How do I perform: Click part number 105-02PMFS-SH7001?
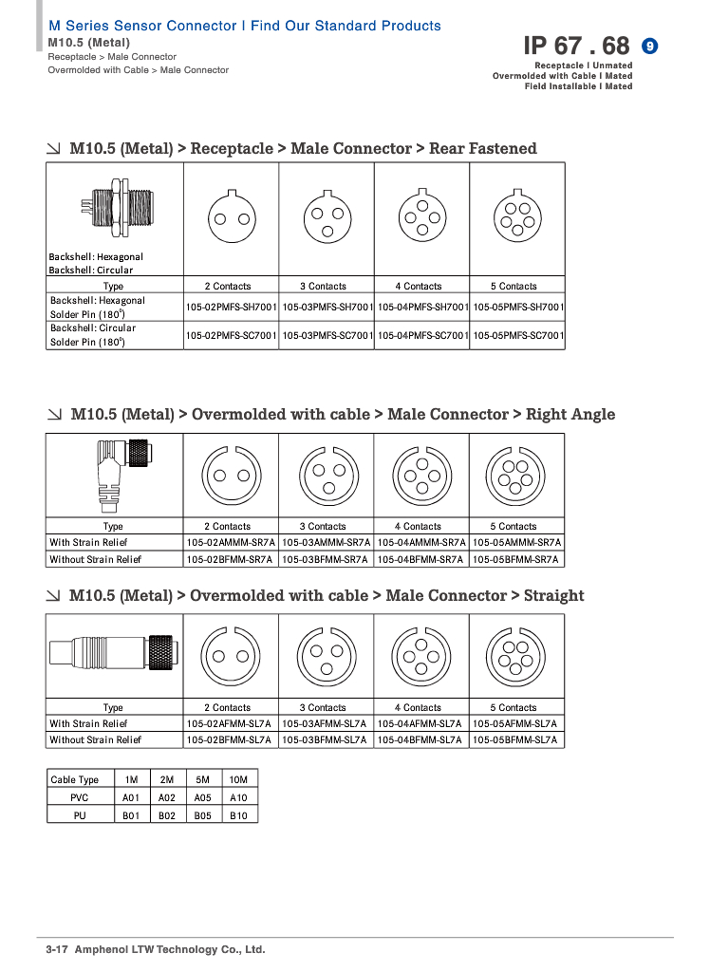[232, 308]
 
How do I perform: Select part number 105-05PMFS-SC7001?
[518, 335]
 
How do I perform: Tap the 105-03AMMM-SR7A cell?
[327, 543]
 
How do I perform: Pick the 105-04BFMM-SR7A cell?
[421, 560]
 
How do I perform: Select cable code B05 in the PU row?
[202, 815]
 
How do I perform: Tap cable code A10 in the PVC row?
[238, 798]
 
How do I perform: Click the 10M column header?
[238, 780]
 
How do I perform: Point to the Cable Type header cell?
[75, 780]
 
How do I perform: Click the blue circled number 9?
[650, 46]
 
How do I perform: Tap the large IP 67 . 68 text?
[576, 46]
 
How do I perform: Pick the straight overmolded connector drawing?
[112, 653]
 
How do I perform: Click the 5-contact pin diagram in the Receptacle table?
[517, 217]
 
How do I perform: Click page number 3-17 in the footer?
[58, 949]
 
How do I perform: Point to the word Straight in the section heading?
[553, 596]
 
